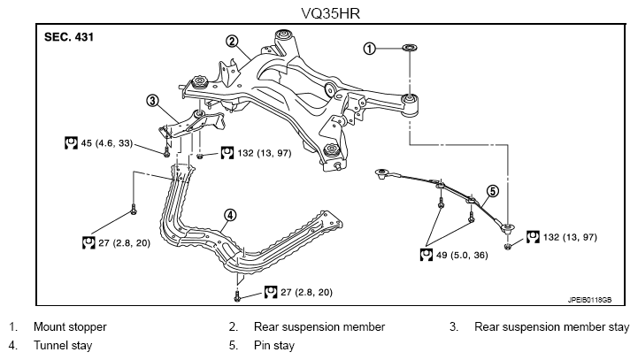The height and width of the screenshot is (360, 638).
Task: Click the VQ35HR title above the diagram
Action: tap(330, 13)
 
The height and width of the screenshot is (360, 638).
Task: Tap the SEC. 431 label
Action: tap(69, 37)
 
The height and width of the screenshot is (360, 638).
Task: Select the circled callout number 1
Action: tap(369, 49)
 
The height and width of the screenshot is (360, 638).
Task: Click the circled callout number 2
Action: tap(232, 41)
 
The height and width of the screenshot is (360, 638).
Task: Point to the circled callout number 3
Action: tap(152, 101)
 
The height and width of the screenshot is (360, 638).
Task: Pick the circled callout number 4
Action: tap(230, 215)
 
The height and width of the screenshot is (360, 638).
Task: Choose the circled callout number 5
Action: tap(492, 191)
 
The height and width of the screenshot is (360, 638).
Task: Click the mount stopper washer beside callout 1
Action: tap(410, 48)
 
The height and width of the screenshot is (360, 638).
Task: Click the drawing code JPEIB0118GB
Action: tap(589, 300)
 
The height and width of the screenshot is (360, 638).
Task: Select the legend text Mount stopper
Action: tap(70, 326)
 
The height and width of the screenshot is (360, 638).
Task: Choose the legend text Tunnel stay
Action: tap(63, 345)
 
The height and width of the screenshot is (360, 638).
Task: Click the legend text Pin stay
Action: tap(273, 345)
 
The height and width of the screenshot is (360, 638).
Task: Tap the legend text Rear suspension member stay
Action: tap(552, 326)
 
